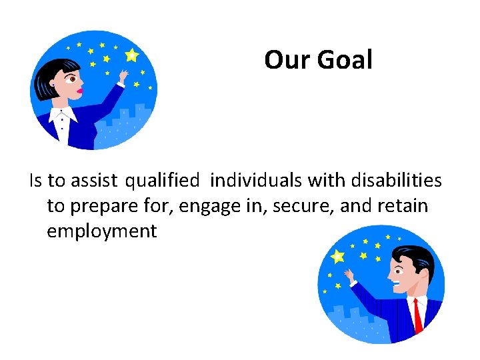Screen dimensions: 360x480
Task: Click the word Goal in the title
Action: [x=345, y=60]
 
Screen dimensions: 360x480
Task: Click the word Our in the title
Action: [x=288, y=60]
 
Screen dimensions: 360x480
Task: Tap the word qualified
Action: [x=162, y=180]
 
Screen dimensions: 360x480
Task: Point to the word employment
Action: [x=101, y=231]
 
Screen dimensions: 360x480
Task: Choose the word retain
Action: [x=403, y=206]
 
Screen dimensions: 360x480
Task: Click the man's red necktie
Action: [x=418, y=315]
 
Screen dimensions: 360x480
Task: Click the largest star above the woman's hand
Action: [x=131, y=55]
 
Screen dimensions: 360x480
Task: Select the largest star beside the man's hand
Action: [x=338, y=256]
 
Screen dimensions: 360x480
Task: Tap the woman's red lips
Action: [x=80, y=89]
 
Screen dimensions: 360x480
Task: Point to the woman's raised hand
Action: [x=122, y=77]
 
